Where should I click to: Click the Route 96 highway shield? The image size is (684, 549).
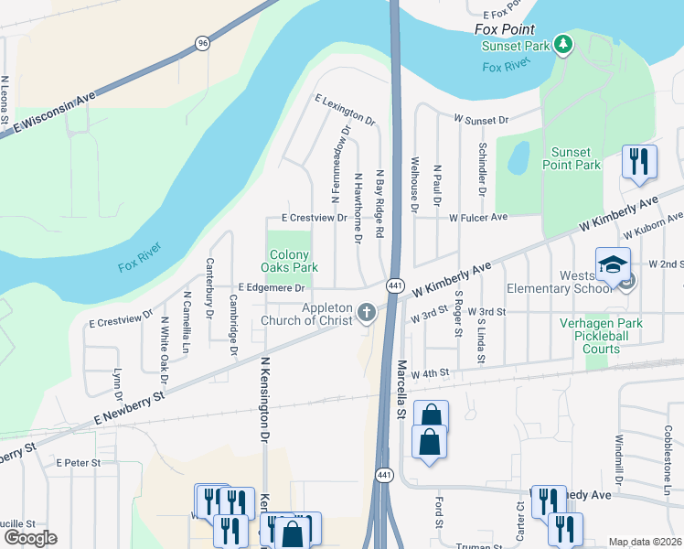coord(200,42)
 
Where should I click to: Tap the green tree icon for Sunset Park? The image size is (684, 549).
coord(564,43)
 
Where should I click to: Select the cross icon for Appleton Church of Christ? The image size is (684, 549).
coord(366,313)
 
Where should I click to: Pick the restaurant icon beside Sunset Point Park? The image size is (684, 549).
coord(639,162)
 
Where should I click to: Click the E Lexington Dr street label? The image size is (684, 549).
coord(344,109)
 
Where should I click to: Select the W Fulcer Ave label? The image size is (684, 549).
coord(477,218)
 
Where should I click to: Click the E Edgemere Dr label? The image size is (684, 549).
coord(272,288)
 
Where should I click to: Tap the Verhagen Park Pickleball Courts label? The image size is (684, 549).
coord(602,336)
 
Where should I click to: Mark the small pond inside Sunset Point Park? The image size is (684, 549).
coord(518,156)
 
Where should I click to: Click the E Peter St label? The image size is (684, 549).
coord(78,463)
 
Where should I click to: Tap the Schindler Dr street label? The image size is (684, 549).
coord(480,169)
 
